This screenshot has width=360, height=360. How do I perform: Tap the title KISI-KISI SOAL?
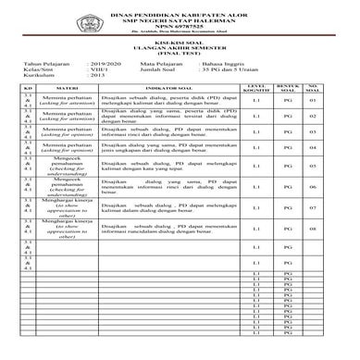click(x=180, y=46)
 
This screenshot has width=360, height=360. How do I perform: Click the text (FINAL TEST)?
click(x=180, y=59)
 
